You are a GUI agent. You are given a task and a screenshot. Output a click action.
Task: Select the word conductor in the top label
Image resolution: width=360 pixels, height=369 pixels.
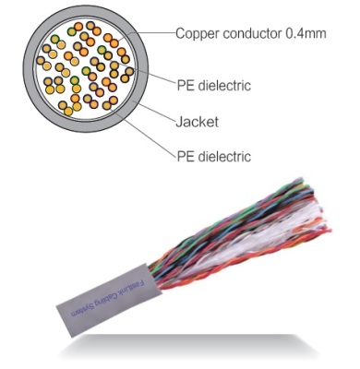pos(251,33)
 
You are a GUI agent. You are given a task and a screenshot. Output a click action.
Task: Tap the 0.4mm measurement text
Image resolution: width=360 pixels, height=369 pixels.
pos(304,33)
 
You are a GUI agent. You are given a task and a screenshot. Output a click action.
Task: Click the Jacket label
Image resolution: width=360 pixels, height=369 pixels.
pos(198,122)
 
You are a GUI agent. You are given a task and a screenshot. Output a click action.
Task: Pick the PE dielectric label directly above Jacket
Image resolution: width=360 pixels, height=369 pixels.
pos(214,85)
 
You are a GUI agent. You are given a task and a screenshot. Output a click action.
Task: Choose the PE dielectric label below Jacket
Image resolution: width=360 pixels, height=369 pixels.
pos(214,156)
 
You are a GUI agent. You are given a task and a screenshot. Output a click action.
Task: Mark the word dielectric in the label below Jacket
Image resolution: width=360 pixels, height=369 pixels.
pos(224,156)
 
